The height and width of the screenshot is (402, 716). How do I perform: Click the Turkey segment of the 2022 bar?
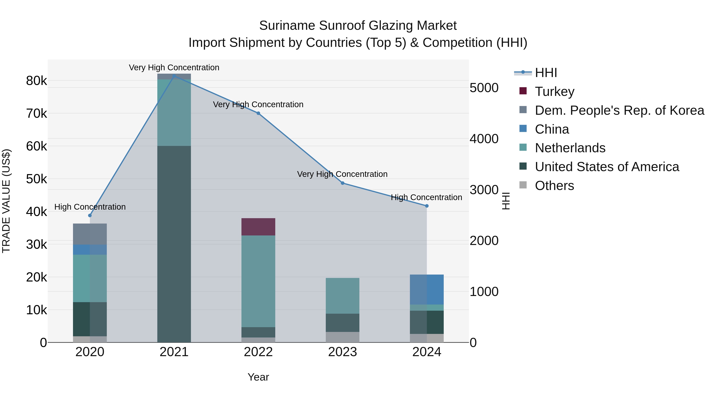click(258, 227)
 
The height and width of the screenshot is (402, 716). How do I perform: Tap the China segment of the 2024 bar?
click(427, 289)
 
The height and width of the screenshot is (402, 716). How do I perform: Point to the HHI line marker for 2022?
click(258, 113)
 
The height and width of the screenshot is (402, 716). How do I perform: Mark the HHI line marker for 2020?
click(90, 216)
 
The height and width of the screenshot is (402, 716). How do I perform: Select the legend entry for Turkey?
click(554, 92)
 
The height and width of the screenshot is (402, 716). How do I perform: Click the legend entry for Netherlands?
click(570, 148)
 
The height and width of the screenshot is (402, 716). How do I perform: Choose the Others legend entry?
click(554, 186)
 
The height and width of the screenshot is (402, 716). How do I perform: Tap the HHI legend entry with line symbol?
click(546, 73)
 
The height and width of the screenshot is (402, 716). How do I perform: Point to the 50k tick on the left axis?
click(36, 179)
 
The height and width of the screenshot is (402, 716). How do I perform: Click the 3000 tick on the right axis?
click(484, 190)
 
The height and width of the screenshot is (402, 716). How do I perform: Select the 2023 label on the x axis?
click(342, 352)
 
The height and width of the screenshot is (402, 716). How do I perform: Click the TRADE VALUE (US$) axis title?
click(6, 201)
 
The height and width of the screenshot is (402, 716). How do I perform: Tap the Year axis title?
click(258, 377)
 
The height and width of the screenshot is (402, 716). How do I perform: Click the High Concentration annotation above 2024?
click(426, 197)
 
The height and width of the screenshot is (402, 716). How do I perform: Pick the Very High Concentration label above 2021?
click(174, 67)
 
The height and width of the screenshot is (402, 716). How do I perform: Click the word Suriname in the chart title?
click(287, 26)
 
